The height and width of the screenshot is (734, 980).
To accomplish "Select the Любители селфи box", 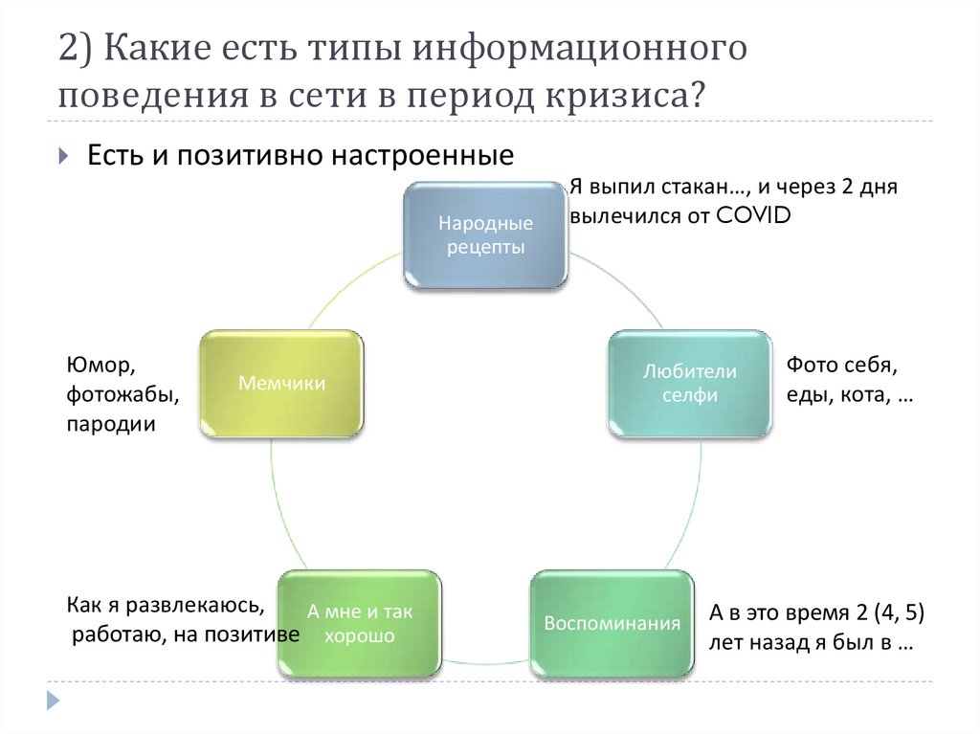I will pyautogui.click(x=689, y=383).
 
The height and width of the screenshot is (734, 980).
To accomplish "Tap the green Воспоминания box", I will pyautogui.click(x=612, y=624).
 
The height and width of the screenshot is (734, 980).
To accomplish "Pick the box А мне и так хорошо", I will pyautogui.click(x=359, y=624).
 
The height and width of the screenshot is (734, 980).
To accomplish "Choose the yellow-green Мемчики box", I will pyautogui.click(x=281, y=384).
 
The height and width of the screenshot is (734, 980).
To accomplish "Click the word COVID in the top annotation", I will pyautogui.click(x=755, y=215).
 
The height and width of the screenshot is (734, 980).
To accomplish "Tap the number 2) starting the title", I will pyautogui.click(x=76, y=49).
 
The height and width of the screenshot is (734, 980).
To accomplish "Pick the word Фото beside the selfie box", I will pyautogui.click(x=811, y=366).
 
